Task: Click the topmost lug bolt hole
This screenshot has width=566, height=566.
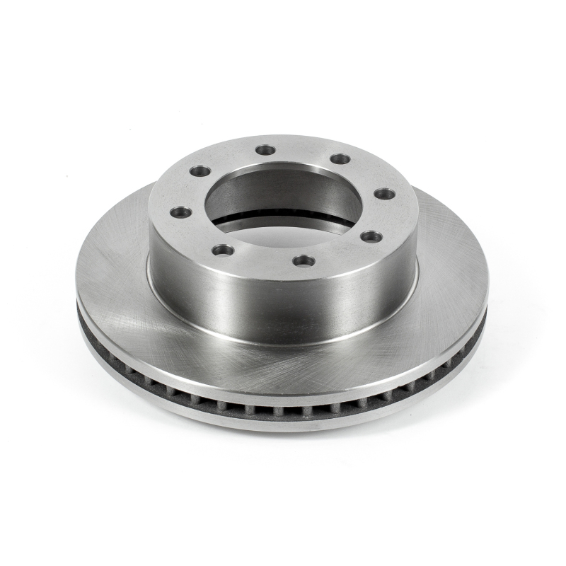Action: [265, 149]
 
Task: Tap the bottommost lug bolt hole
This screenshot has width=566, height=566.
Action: [304, 260]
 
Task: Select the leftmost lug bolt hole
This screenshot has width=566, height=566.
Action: [180, 212]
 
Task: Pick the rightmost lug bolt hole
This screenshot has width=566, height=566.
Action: [384, 193]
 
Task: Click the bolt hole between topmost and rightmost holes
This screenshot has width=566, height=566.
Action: [340, 159]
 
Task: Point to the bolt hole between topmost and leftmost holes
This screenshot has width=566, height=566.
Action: [200, 171]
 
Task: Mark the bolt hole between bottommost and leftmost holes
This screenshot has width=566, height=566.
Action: [223, 250]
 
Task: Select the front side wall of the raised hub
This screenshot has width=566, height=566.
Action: [283, 304]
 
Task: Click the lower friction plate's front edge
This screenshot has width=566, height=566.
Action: [283, 423]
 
